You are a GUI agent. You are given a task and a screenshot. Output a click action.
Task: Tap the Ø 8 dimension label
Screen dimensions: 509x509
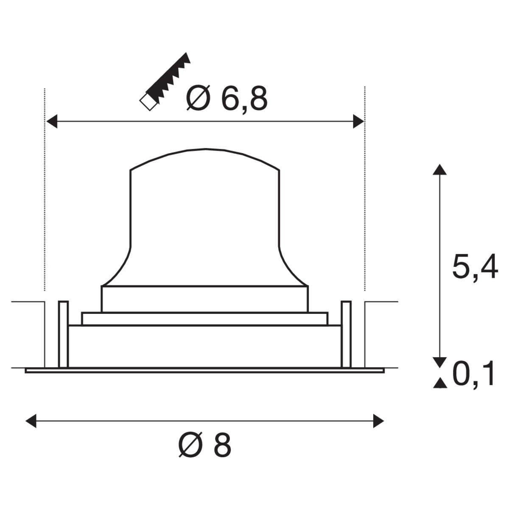tap(205, 446)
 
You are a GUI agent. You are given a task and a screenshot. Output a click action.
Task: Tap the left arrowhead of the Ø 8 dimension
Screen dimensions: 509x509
tap(31, 422)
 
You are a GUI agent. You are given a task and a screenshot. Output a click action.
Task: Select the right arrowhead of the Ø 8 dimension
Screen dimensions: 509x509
tap(378, 422)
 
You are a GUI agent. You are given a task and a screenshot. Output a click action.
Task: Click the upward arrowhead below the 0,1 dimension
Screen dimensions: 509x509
tap(440, 383)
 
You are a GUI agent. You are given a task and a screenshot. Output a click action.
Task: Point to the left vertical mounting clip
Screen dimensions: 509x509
tap(63, 334)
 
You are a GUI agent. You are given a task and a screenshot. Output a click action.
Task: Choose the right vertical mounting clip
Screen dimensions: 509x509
tap(346, 334)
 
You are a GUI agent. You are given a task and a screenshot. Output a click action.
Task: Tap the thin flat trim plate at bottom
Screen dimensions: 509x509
tap(204, 370)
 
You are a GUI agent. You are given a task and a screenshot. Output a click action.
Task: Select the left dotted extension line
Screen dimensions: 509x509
tap(45, 191)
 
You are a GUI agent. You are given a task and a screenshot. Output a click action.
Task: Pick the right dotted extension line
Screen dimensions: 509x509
tap(365, 191)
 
